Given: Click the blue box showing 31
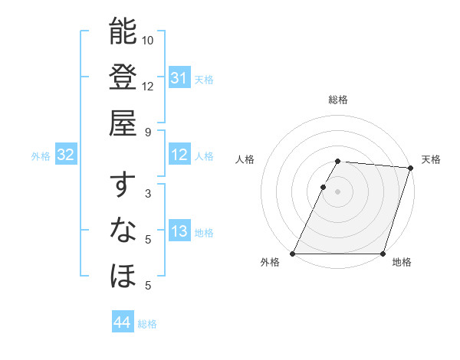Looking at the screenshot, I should [179, 78].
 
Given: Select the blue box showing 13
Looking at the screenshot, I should [179, 232].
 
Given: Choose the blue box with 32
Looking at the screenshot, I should [65, 155].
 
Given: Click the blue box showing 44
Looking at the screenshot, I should [122, 323].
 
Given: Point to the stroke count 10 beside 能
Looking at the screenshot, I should [148, 40].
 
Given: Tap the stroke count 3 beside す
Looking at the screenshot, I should [148, 194].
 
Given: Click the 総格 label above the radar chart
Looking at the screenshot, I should [338, 100].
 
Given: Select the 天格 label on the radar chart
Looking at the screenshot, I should [431, 159].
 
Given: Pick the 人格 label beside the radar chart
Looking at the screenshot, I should [245, 159].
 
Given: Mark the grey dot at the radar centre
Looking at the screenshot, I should [337, 191].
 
